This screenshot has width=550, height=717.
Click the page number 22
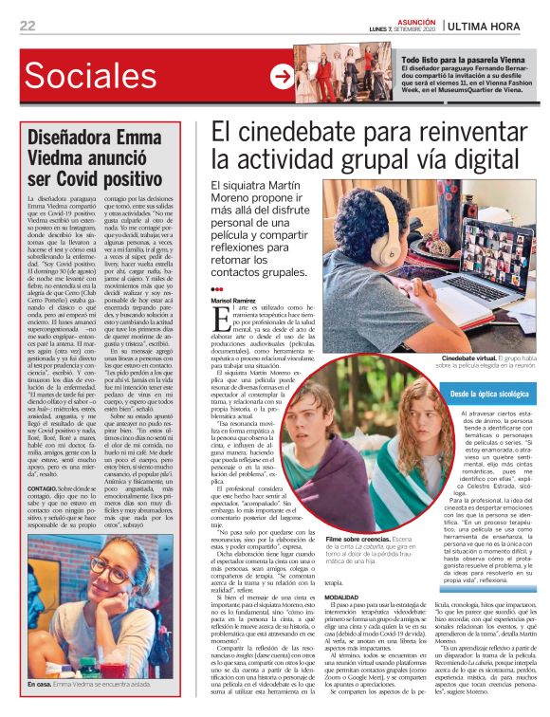27,26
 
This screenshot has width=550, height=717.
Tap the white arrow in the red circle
281,77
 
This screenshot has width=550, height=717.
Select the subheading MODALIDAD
342,570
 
